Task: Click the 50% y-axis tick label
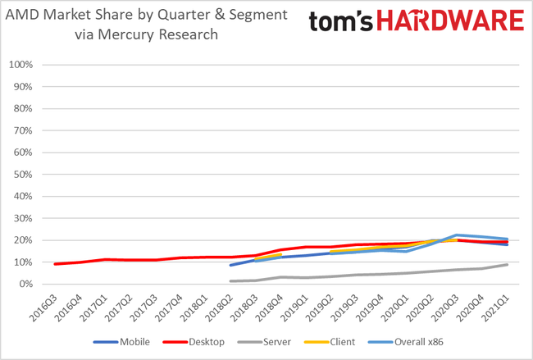[21, 175]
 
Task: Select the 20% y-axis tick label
[21, 240]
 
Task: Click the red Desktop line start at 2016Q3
[55, 264]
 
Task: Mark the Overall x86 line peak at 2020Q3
[457, 235]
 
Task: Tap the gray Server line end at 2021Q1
[507, 264]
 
